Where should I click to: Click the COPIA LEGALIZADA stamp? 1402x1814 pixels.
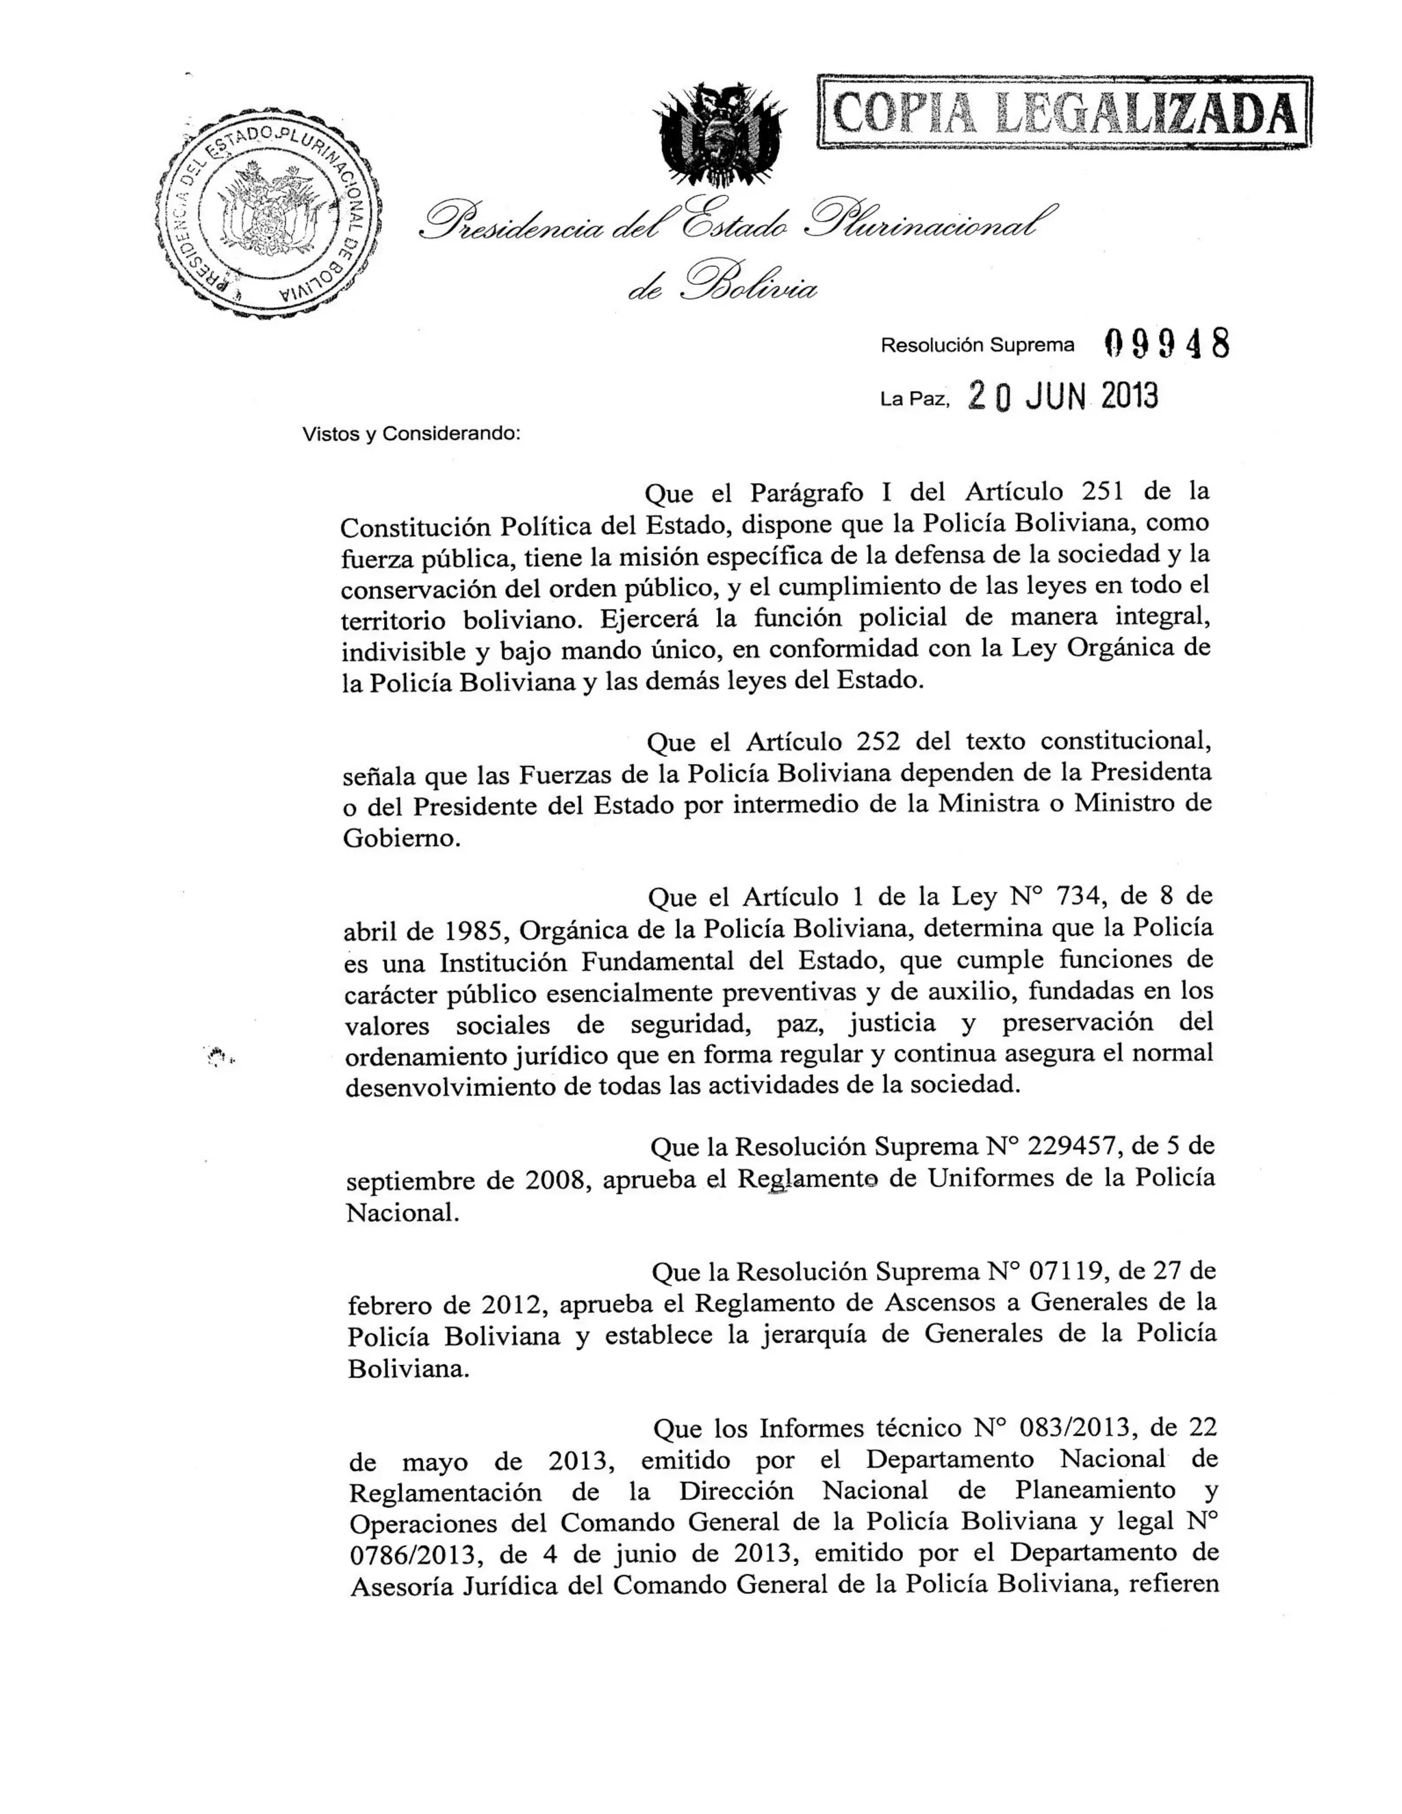pos(1064,112)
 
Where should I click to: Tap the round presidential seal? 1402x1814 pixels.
pos(268,210)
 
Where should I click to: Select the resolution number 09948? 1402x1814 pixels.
pos(1167,343)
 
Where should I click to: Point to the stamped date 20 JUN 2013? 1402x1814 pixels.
pos(1062,397)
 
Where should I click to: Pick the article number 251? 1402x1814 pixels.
pos(1102,491)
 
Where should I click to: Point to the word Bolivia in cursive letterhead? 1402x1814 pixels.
pos(749,287)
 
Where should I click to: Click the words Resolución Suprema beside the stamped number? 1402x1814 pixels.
pos(978,345)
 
